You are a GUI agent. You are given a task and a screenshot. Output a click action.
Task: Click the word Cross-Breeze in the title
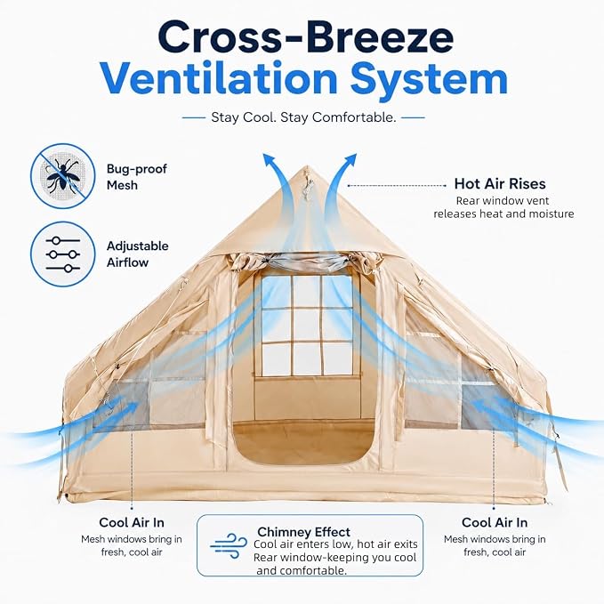[x=305, y=37]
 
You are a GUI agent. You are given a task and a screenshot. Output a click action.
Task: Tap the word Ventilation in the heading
[x=219, y=79]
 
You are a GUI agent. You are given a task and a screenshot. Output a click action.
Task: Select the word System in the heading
[x=429, y=81]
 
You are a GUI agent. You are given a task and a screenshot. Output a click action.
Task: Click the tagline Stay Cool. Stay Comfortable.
[x=303, y=117]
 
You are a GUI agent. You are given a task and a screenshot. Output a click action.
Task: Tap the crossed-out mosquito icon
[x=63, y=176]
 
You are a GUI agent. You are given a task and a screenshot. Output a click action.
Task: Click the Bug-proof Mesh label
[x=137, y=177]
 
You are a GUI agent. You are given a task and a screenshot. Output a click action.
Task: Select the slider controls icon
[x=63, y=254]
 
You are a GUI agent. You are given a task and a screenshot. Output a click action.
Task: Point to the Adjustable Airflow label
[x=138, y=254]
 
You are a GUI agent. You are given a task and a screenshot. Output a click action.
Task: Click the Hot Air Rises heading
[x=500, y=184]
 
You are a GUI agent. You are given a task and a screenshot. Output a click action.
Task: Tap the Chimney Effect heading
[x=303, y=532]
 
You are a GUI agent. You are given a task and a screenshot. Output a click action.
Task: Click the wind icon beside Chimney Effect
[x=229, y=545]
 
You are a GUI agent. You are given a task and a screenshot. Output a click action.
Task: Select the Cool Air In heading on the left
[x=132, y=522]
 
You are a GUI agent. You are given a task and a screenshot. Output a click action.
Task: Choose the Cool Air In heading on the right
[x=495, y=522]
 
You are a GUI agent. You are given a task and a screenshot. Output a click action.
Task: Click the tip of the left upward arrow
[x=264, y=154]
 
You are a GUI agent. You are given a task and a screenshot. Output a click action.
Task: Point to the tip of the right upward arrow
[x=357, y=154]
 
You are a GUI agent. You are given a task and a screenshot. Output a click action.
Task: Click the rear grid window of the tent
[x=307, y=326]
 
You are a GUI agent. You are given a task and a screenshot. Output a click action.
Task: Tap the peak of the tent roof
[x=307, y=166]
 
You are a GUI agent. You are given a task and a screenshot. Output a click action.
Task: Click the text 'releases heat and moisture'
[x=503, y=213]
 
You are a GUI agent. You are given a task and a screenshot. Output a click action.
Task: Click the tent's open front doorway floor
[x=304, y=443]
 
